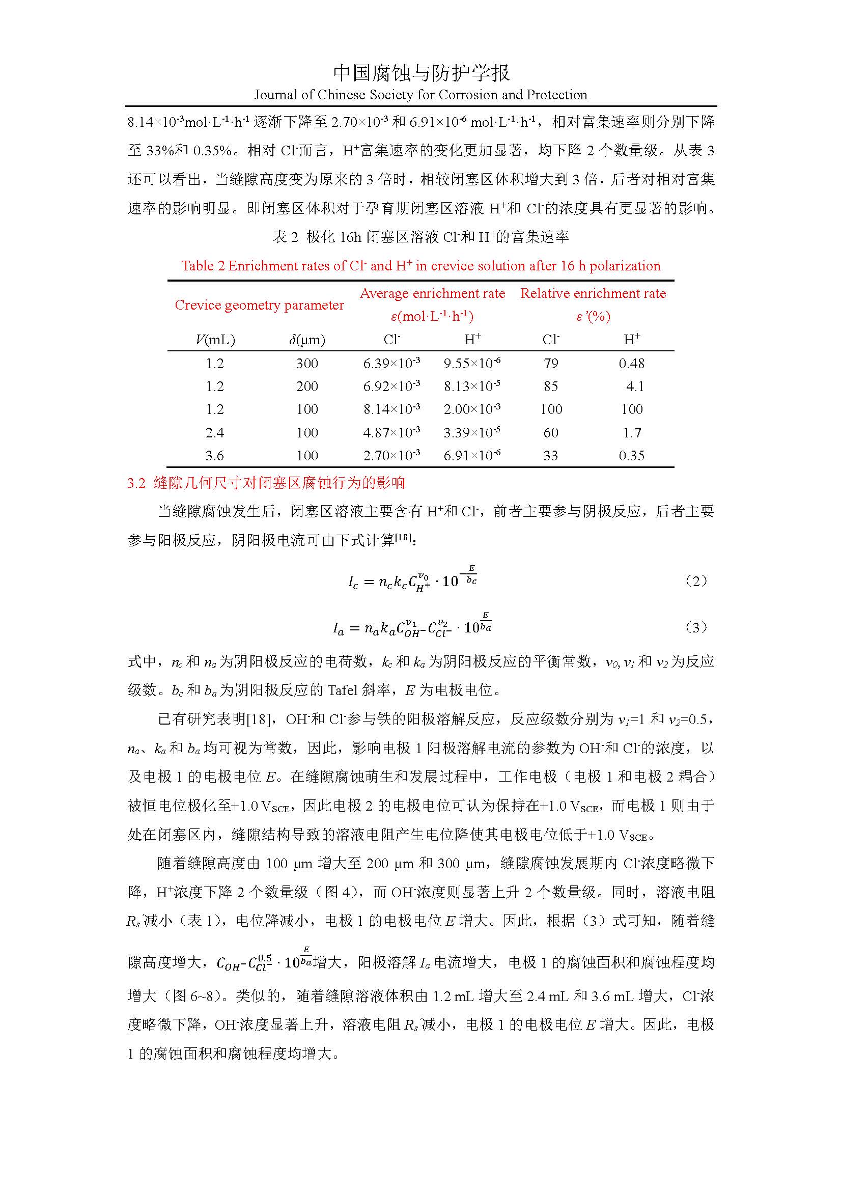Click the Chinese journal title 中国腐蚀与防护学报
click(421, 73)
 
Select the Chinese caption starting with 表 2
click(420, 237)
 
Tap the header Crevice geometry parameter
click(259, 305)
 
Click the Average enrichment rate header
click(432, 294)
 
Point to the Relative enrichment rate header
click(593, 294)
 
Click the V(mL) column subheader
click(215, 340)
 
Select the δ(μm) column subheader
click(307, 340)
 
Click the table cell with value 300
click(307, 364)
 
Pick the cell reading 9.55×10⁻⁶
click(472, 363)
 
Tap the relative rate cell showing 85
click(551, 386)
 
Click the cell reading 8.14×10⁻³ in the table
click(391, 409)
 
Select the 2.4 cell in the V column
click(215, 433)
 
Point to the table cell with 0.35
click(631, 456)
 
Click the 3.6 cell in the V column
click(215, 456)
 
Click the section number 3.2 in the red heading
click(136, 483)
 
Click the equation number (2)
click(696, 580)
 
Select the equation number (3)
click(696, 627)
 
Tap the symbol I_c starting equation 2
click(353, 583)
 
